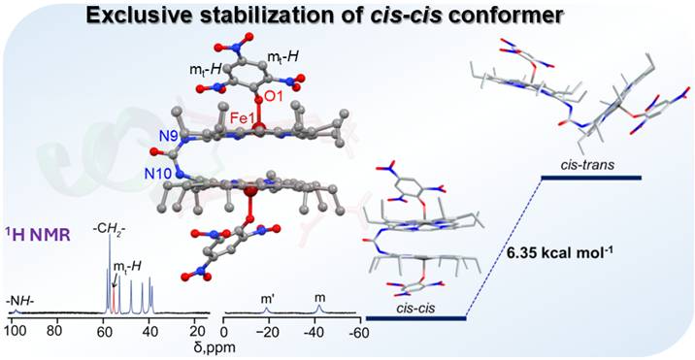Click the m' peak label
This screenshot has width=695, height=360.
[x=266, y=300]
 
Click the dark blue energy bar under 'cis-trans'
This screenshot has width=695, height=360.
[x=591, y=178]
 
